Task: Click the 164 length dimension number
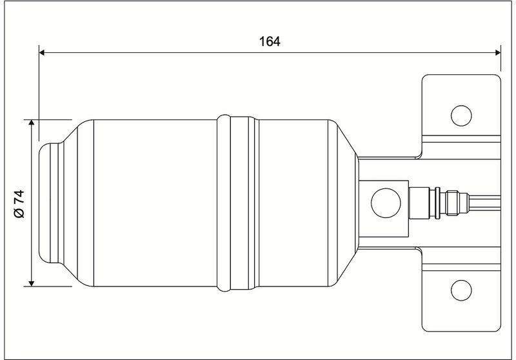pyautogui.click(x=270, y=41)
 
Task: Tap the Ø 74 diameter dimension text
pyautogui.click(x=19, y=204)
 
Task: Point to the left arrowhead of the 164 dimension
pyautogui.click(x=42, y=52)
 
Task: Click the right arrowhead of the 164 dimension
pyautogui.click(x=498, y=52)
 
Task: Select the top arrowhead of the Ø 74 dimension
pyautogui.click(x=31, y=123)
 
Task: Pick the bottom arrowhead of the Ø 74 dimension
pyautogui.click(x=31, y=283)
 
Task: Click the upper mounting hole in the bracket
pyautogui.click(x=461, y=115)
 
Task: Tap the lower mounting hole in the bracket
pyautogui.click(x=461, y=290)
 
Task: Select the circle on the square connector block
pyautogui.click(x=386, y=203)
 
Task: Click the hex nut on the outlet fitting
pyautogui.click(x=453, y=203)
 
